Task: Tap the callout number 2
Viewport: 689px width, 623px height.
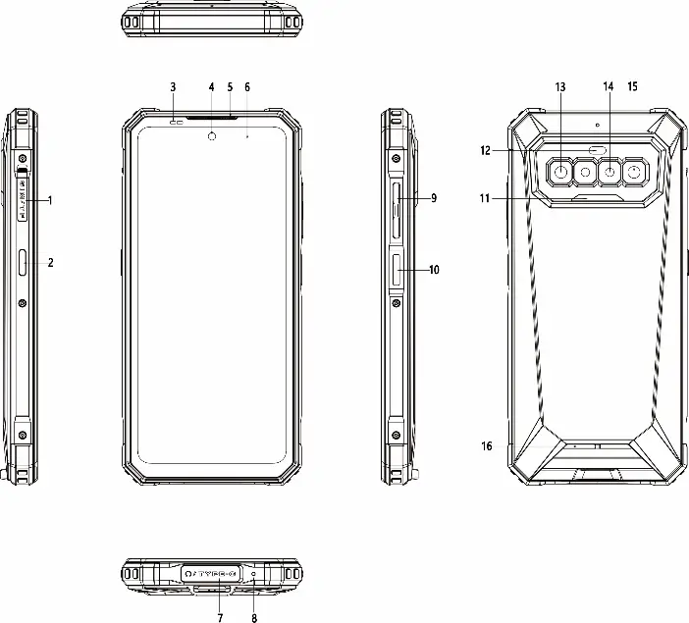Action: pyautogui.click(x=50, y=263)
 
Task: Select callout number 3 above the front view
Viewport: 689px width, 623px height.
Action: pyautogui.click(x=173, y=87)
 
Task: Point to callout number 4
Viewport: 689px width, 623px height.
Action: pyautogui.click(x=211, y=87)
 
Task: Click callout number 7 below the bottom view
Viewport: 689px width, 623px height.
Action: pyautogui.click(x=220, y=618)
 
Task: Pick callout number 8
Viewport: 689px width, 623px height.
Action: pyautogui.click(x=254, y=618)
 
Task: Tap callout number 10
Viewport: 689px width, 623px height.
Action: pyautogui.click(x=435, y=269)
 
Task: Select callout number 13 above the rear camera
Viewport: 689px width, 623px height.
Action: pyautogui.click(x=560, y=87)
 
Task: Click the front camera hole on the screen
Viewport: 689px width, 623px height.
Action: pyautogui.click(x=212, y=135)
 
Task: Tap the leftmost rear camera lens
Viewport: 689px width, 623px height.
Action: pyautogui.click(x=560, y=173)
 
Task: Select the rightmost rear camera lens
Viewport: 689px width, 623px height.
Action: pyautogui.click(x=635, y=173)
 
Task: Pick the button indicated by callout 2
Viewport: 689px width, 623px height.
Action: pyautogui.click(x=23, y=263)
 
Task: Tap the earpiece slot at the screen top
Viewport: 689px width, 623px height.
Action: pyautogui.click(x=212, y=117)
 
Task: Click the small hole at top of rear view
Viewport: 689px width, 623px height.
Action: pyautogui.click(x=597, y=127)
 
